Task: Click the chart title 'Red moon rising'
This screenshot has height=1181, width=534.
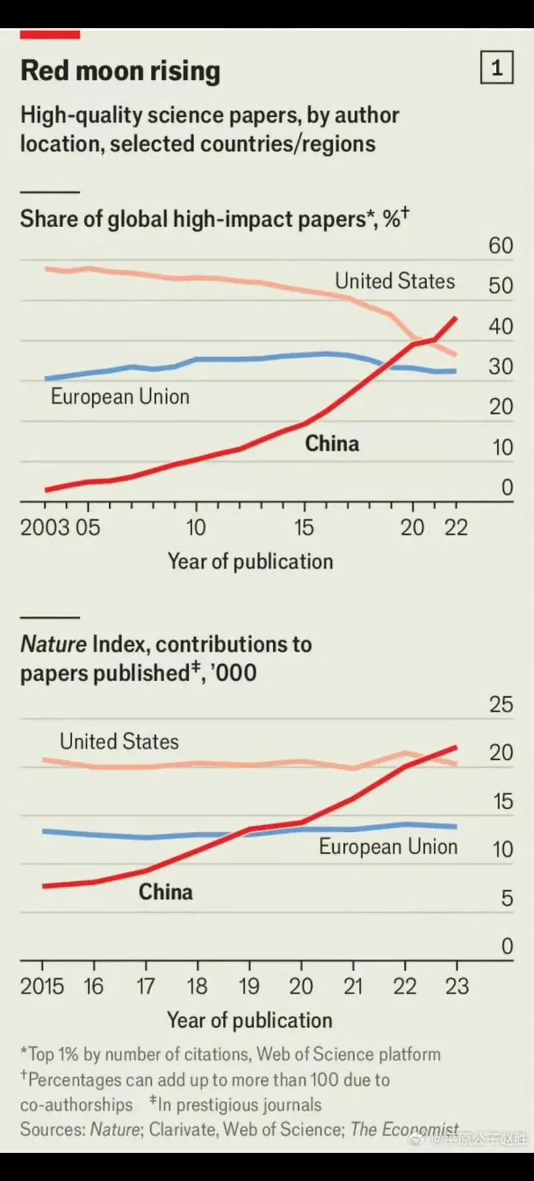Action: tap(120, 71)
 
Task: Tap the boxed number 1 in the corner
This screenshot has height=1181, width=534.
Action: tap(497, 67)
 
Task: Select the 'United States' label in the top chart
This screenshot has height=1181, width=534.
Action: tap(394, 281)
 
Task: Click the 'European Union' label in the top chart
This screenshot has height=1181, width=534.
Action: tap(120, 397)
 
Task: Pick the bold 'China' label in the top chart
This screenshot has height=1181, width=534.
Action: tap(332, 443)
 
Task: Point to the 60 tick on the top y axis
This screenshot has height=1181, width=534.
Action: tap(501, 246)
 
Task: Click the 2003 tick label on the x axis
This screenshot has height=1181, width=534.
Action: tap(45, 527)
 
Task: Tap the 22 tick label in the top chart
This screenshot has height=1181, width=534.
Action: tap(457, 527)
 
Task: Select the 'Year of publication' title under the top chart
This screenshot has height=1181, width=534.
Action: tap(250, 561)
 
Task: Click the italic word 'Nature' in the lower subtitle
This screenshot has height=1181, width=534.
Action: tap(53, 644)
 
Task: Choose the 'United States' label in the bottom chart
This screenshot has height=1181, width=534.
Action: tap(119, 742)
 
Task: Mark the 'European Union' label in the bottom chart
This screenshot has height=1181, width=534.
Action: tap(388, 847)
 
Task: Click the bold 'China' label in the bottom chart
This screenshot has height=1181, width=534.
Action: tap(166, 892)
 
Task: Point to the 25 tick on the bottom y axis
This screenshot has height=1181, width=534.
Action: tap(501, 704)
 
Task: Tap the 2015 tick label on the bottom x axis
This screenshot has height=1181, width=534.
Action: tap(42, 986)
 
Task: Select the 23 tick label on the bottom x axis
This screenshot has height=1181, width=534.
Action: tap(457, 986)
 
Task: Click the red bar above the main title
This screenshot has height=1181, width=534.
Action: tap(50, 35)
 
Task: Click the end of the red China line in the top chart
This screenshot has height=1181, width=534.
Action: tap(456, 318)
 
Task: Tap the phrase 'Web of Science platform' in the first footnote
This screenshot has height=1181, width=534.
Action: tap(348, 1054)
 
